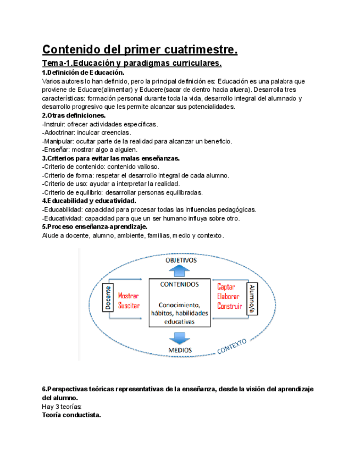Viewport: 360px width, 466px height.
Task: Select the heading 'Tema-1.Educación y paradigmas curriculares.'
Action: (x=132, y=64)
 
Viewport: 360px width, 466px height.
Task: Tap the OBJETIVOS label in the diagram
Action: (x=181, y=260)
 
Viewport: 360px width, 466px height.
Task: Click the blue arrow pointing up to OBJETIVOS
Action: (x=179, y=270)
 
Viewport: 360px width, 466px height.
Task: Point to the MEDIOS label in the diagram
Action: (x=180, y=349)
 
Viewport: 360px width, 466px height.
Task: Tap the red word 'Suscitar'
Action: (x=129, y=306)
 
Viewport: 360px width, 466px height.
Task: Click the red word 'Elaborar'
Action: (x=228, y=296)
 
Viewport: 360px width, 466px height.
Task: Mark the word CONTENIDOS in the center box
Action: (x=179, y=285)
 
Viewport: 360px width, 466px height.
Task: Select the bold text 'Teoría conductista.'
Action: (x=71, y=415)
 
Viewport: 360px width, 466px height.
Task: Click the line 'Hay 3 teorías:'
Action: (x=62, y=406)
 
